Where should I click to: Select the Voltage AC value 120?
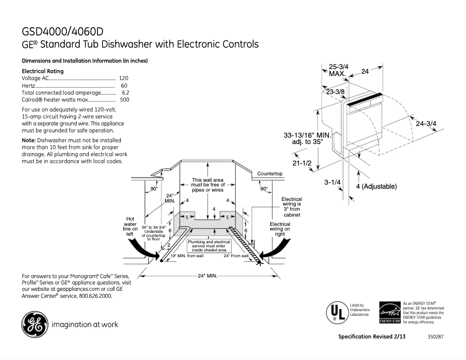click(123, 78)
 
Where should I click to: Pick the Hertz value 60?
click(124, 85)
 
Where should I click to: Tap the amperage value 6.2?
click(125, 92)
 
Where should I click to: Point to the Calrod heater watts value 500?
click(124, 100)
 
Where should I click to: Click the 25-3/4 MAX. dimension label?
click(338, 70)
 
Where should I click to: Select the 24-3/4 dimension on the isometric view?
click(426, 123)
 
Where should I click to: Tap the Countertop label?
click(270, 174)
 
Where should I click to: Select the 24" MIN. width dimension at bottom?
click(207, 275)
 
